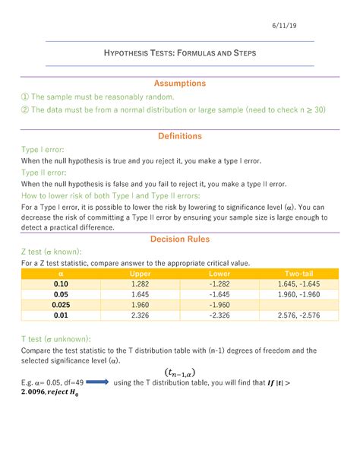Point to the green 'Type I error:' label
(x=43, y=151)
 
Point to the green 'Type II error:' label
(x=44, y=173)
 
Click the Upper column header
(x=141, y=273)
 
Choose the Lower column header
(x=220, y=273)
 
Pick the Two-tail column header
(x=299, y=273)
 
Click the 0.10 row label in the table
(x=62, y=283)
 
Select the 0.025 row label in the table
(x=62, y=304)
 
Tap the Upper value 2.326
(x=141, y=314)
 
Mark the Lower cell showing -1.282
(x=220, y=283)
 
